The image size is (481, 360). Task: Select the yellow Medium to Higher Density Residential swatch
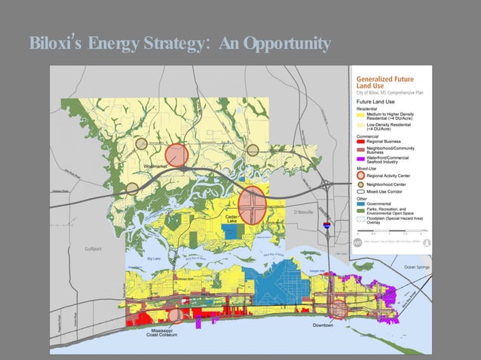pos(360,114)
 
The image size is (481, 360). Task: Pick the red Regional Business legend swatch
pos(360,141)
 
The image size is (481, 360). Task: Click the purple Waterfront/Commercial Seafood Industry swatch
pos(360,157)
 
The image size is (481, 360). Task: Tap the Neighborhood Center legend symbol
pos(360,184)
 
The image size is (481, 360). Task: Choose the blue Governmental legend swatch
pos(360,204)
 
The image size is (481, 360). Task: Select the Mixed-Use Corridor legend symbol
pos(360,193)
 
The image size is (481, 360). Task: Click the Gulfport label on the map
pos(93,248)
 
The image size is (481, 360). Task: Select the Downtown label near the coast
pos(323,325)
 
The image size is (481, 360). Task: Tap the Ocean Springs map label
pos(419,267)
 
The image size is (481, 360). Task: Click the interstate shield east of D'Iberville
pos(326,224)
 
